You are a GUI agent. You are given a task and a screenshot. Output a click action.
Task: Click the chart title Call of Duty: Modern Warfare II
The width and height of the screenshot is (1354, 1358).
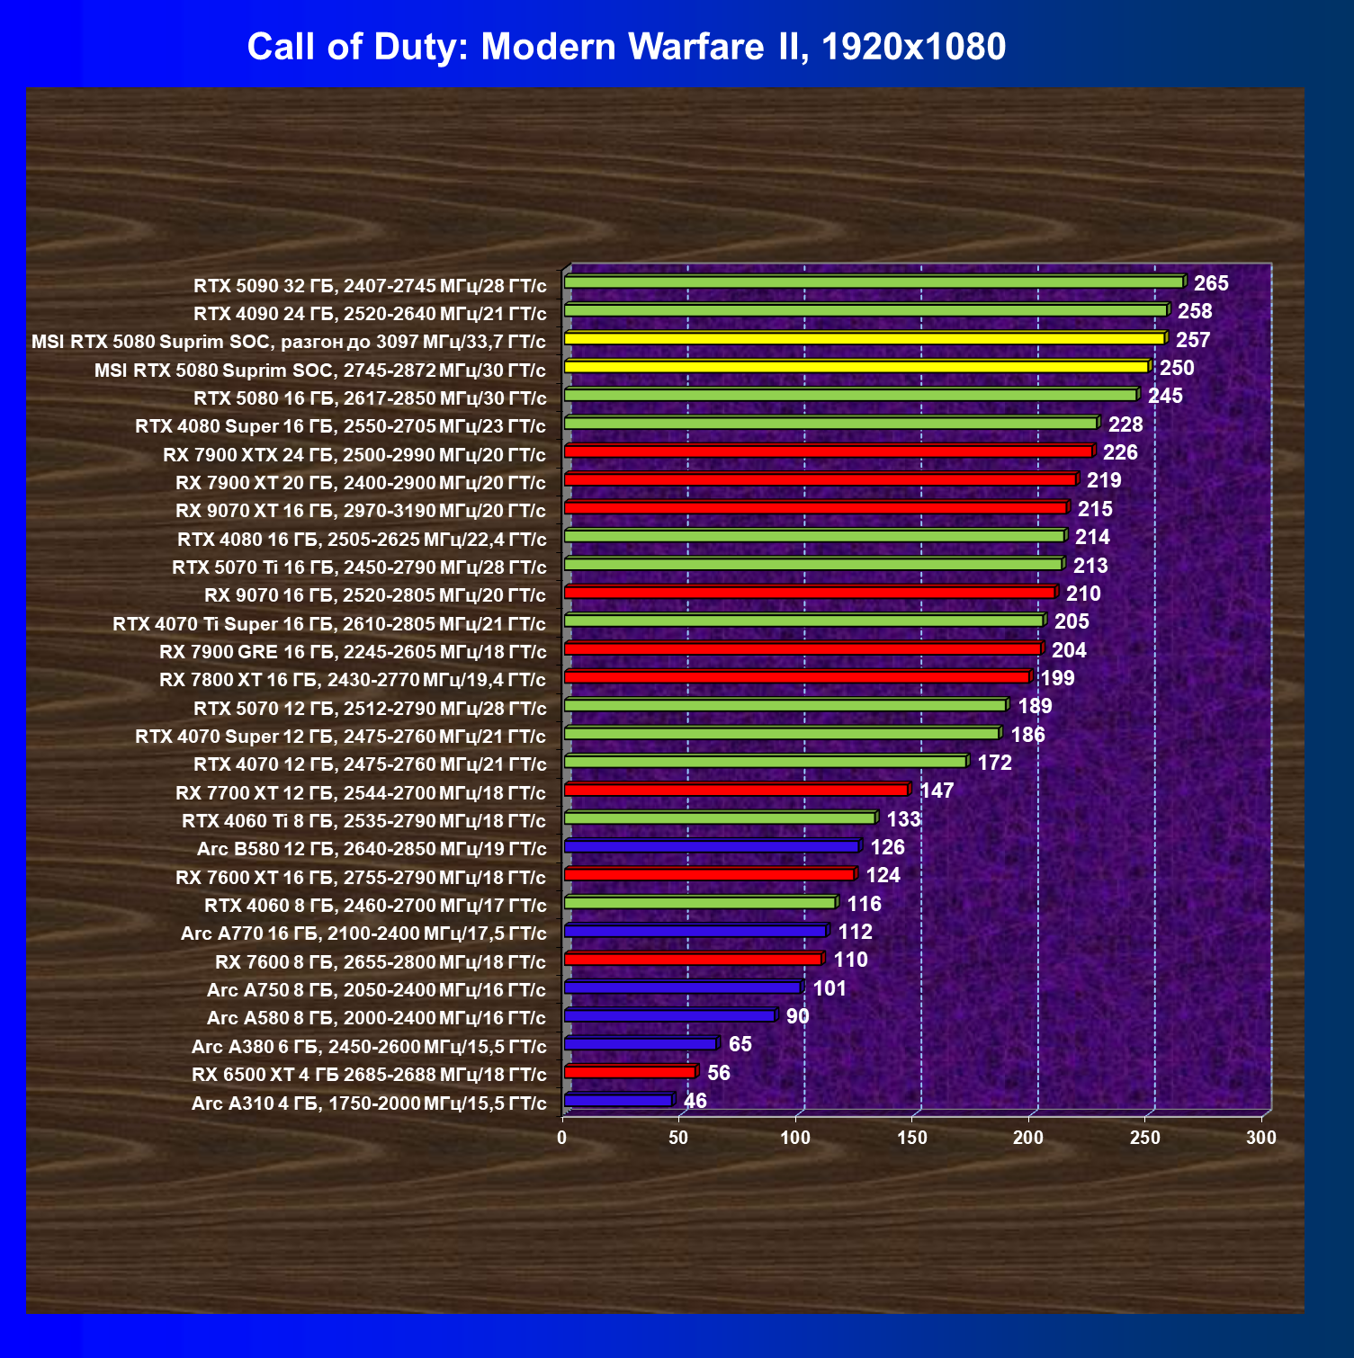pos(626,47)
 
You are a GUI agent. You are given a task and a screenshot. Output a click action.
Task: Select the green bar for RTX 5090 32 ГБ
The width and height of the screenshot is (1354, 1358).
pos(873,282)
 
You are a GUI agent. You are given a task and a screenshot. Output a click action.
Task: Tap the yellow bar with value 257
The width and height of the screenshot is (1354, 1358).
pos(864,339)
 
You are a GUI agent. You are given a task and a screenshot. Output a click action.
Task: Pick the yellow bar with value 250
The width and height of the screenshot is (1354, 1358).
pos(855,367)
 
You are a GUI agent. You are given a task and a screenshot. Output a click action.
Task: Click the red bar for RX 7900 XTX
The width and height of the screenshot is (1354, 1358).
pos(828,451)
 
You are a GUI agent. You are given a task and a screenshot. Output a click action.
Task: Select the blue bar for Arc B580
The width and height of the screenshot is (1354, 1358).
pos(711,846)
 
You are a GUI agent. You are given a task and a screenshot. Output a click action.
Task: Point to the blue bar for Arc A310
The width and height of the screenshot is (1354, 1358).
pos(618,1100)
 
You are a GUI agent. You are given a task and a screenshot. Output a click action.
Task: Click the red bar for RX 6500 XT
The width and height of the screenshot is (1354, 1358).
pos(630,1072)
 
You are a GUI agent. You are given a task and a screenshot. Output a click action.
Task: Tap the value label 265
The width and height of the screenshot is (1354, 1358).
pos(1211,283)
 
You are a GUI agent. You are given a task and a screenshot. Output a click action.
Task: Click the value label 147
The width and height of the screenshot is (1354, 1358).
pos(937,791)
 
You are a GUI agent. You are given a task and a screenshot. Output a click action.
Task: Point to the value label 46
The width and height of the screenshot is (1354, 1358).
pos(695,1101)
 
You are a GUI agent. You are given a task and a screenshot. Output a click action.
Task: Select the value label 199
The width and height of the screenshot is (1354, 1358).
pos(1058,678)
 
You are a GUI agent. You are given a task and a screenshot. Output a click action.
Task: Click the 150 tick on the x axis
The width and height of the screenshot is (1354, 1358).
pos(911,1138)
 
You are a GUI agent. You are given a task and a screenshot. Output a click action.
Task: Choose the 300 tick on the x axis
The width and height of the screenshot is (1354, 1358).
pos(1261,1138)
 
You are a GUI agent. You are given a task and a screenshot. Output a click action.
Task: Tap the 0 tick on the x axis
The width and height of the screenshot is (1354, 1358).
pos(562,1138)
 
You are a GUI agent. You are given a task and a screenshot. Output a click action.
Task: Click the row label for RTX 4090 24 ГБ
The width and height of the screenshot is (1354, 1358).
pos(370,314)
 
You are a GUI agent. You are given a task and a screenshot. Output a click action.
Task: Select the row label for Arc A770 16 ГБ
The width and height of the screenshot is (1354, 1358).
pos(363,934)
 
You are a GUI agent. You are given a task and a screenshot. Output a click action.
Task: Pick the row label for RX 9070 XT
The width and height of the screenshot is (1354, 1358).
pos(361,511)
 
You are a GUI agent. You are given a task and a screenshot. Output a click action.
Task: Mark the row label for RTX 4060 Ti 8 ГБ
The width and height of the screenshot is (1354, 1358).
pos(363,821)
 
